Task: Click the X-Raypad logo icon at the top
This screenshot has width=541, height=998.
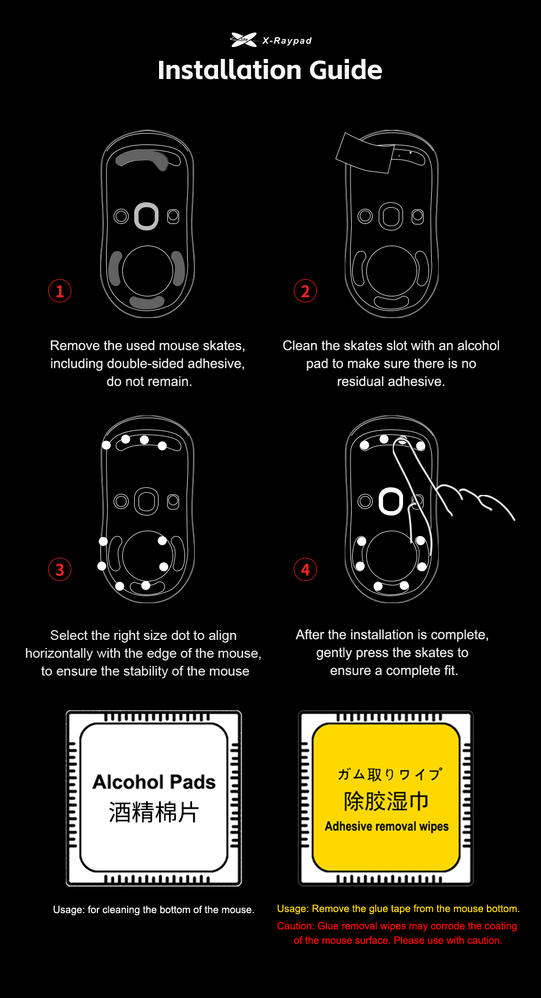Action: click(x=243, y=39)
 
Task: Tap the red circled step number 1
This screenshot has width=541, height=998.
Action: click(x=60, y=291)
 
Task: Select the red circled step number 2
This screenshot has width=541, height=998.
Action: click(x=305, y=291)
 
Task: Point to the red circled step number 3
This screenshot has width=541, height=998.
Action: click(x=60, y=570)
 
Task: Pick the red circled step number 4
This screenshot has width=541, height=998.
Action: click(x=305, y=570)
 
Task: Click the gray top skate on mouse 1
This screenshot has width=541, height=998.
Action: click(x=142, y=157)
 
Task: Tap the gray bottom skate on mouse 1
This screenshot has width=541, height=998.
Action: click(x=147, y=302)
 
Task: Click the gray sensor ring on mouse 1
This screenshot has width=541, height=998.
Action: click(x=146, y=216)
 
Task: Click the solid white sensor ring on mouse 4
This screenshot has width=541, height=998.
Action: click(x=391, y=501)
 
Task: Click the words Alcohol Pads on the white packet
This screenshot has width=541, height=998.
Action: click(x=154, y=782)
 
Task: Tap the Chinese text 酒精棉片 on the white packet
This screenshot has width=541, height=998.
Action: click(x=154, y=812)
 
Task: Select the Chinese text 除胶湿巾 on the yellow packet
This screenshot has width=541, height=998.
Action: click(x=386, y=801)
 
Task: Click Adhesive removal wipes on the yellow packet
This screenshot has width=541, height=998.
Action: click(x=387, y=827)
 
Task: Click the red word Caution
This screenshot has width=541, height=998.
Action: click(x=295, y=926)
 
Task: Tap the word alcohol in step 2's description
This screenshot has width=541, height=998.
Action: click(x=478, y=346)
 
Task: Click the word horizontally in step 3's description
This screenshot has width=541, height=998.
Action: click(x=59, y=653)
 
